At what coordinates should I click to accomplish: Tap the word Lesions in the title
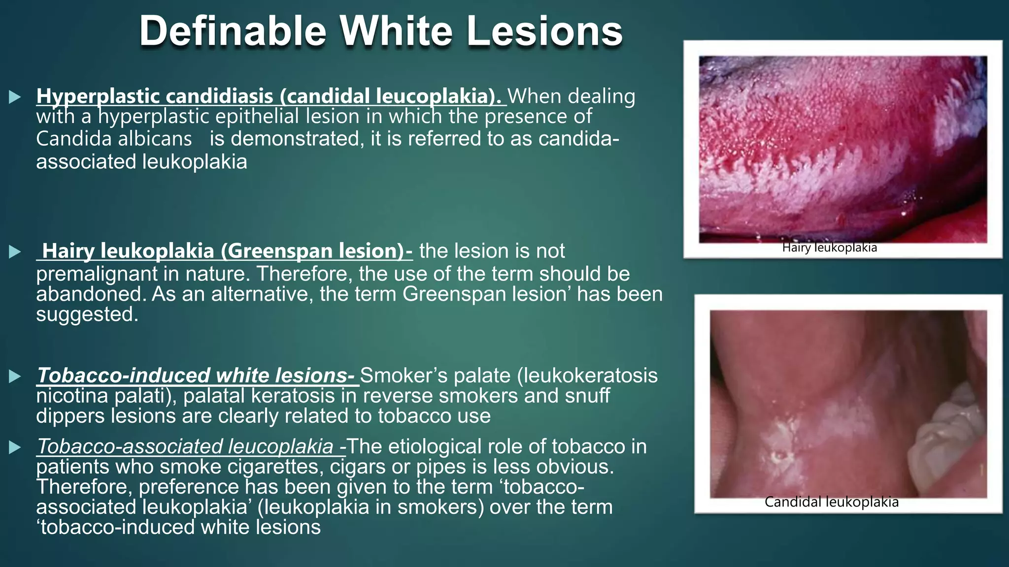[544, 31]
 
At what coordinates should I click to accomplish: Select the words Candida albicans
[114, 139]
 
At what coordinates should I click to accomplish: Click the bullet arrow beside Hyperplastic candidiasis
[15, 97]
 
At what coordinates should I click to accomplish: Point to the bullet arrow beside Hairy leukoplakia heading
[15, 252]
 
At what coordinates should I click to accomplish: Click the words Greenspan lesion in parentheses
[312, 251]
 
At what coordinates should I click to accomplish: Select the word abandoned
[91, 294]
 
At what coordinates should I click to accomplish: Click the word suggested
[87, 314]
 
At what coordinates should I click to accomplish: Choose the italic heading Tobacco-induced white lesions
[196, 376]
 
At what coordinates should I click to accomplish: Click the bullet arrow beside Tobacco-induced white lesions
[15, 377]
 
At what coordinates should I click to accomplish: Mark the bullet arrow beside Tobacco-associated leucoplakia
[15, 447]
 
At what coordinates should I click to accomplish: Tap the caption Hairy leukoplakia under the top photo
[830, 248]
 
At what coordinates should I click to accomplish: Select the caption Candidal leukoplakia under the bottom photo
[832, 502]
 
